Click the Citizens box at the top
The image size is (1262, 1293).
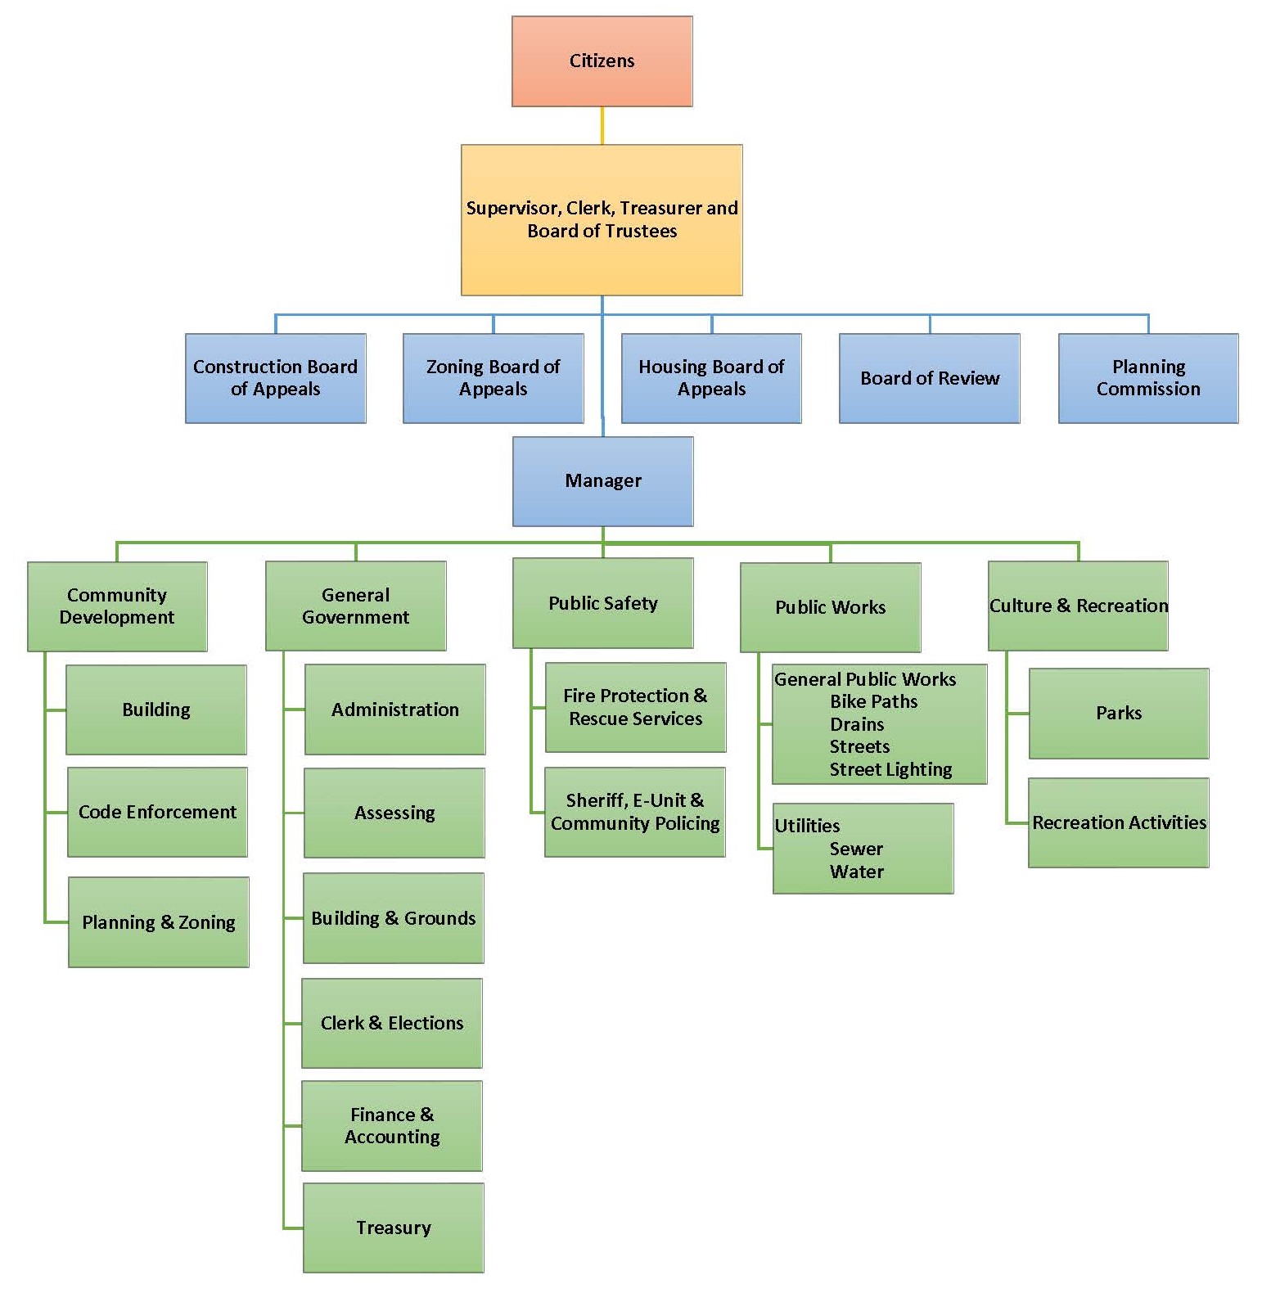coord(602,61)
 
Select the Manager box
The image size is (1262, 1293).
coord(602,480)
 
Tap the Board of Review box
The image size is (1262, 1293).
coord(929,378)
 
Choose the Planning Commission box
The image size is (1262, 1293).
coord(1147,378)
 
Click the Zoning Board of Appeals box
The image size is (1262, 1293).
coord(493,378)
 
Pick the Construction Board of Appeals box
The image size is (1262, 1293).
coord(275,378)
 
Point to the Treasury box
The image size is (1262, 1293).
coord(393,1227)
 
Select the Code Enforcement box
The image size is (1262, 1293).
coord(157,812)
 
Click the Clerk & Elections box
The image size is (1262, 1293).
coord(391,1023)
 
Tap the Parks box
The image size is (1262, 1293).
coord(1118,713)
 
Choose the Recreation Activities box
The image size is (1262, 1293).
coord(1118,822)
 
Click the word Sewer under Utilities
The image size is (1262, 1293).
coord(856,849)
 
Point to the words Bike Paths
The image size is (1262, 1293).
coord(873,701)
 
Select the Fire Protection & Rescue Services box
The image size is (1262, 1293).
coord(635,707)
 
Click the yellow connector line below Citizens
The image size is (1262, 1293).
coord(602,126)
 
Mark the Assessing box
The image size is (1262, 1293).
coord(394,813)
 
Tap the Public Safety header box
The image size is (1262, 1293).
coord(602,603)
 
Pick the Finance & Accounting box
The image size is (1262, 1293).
coord(391,1125)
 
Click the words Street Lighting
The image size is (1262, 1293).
coord(890,769)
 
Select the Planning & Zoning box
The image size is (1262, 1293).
coord(158,922)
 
